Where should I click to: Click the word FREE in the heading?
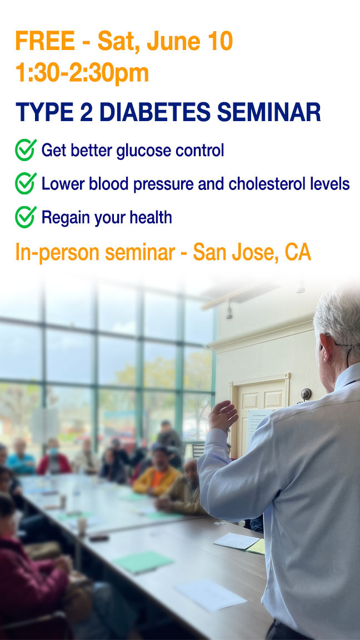coord(45,41)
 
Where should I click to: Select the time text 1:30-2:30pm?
coord(82,73)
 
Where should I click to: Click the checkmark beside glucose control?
coord(26,150)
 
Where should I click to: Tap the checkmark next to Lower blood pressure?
coord(26,183)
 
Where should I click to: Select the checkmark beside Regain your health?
coord(26,217)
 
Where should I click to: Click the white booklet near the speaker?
coord(236,541)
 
